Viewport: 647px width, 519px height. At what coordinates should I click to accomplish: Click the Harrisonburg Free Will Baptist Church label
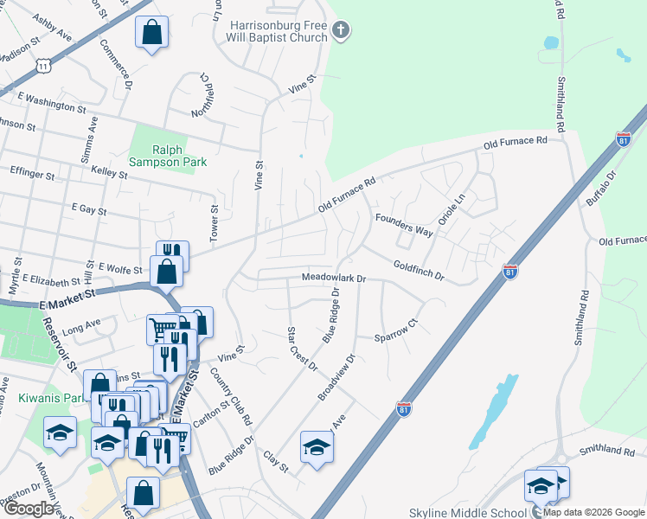coord(279,31)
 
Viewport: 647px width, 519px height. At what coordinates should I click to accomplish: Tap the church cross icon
coord(341,32)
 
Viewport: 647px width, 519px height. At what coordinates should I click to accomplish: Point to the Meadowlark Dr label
coord(335,279)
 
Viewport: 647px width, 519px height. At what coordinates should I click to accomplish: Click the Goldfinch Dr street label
coord(419,272)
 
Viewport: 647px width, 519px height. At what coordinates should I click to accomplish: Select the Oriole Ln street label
coord(452,209)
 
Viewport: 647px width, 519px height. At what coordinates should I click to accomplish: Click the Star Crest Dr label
coord(302,349)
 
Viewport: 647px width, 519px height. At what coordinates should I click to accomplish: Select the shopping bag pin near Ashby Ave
coord(151,33)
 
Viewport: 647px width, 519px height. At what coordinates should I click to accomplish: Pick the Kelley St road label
coord(109,175)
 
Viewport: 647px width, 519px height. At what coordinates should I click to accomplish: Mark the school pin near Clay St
coord(317,447)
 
